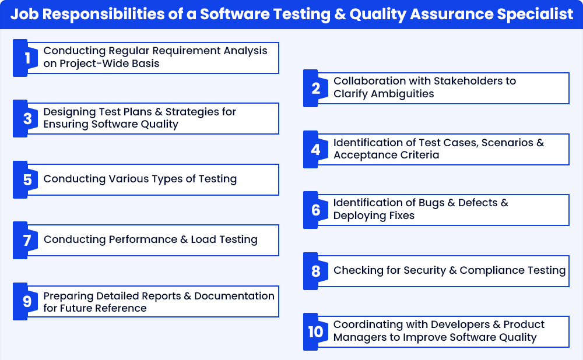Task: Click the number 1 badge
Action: click(25, 58)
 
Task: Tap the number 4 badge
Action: click(315, 149)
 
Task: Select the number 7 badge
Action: click(25, 241)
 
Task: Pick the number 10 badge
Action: click(315, 332)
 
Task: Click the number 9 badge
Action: click(25, 301)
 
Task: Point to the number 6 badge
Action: click(315, 210)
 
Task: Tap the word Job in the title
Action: click(24, 14)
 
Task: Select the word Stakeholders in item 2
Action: click(468, 80)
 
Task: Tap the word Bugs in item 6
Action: click(431, 203)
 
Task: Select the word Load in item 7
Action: click(203, 239)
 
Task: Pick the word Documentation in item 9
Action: click(234, 296)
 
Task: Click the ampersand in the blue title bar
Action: click(340, 15)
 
